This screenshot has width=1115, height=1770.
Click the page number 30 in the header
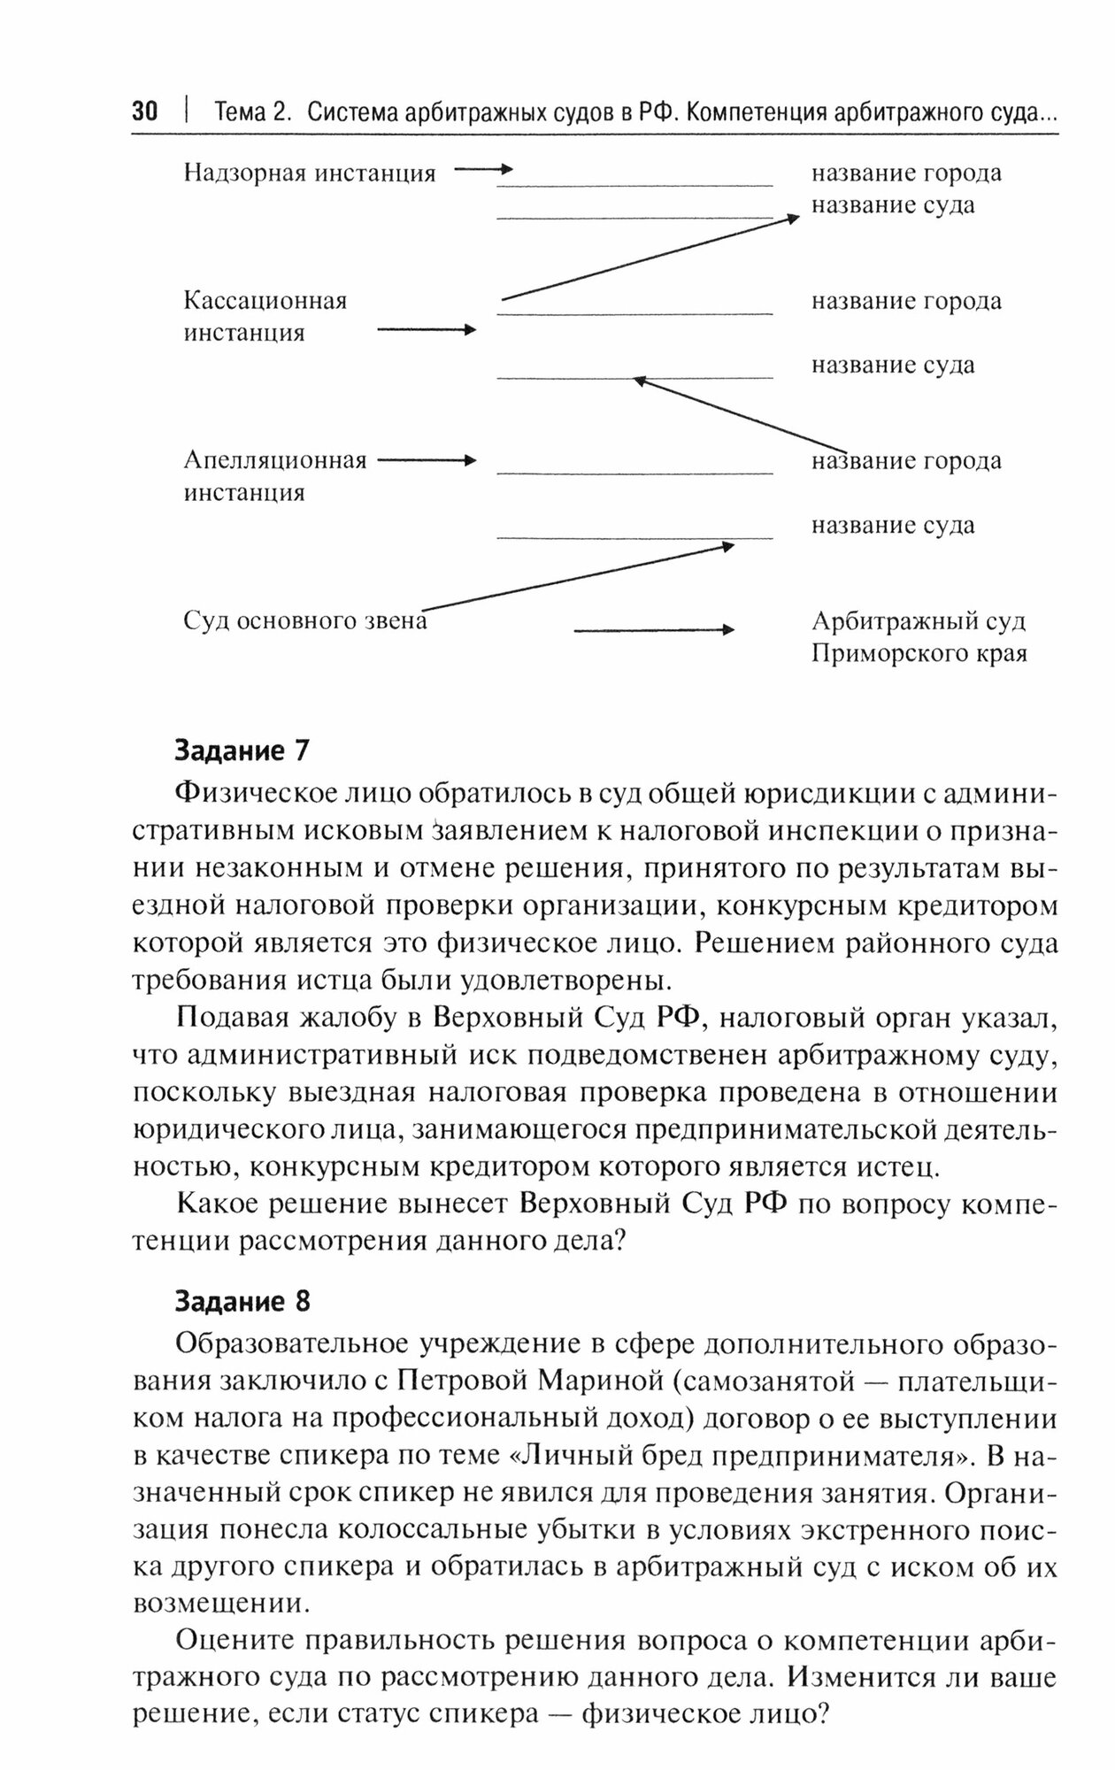coord(144,113)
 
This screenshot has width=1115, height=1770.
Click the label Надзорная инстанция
coord(310,173)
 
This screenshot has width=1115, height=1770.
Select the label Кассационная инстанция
coord(265,316)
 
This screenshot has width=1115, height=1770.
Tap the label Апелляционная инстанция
coord(274,476)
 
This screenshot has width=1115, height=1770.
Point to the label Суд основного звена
coord(305,621)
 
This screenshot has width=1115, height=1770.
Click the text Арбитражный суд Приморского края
coord(919,637)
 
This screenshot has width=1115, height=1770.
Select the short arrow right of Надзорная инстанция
coord(483,168)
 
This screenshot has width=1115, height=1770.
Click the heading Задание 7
coord(242,750)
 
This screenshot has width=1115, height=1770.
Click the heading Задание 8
coord(242,1301)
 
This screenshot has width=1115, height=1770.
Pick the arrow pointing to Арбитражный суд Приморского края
coord(654,630)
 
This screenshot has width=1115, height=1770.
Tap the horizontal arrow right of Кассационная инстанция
coord(427,330)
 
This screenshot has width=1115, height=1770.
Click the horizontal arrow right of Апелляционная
coord(427,460)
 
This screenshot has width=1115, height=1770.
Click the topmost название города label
coord(906,173)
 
